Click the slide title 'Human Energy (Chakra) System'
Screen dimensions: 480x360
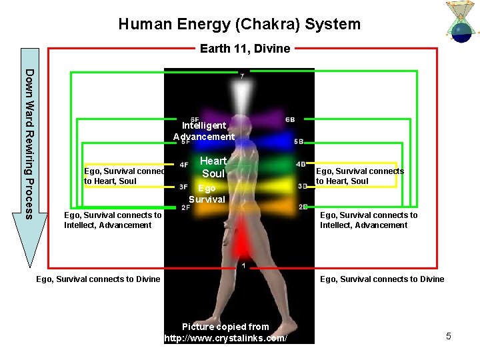239,25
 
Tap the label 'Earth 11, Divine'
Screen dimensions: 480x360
245,48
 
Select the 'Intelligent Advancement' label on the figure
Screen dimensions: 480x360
204,131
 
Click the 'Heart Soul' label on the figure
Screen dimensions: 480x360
213,167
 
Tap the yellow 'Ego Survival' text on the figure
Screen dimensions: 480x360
207,193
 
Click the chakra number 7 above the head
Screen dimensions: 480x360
242,76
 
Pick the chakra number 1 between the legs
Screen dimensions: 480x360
243,265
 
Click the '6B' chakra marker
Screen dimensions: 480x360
290,119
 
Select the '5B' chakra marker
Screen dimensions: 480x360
299,142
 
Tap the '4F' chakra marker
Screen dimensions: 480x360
183,165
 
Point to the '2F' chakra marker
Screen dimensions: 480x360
185,207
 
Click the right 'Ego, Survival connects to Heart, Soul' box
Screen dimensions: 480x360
360,176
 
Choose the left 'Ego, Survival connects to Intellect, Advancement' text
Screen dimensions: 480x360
112,220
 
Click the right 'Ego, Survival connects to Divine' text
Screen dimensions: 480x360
382,279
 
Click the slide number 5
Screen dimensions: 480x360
449,336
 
